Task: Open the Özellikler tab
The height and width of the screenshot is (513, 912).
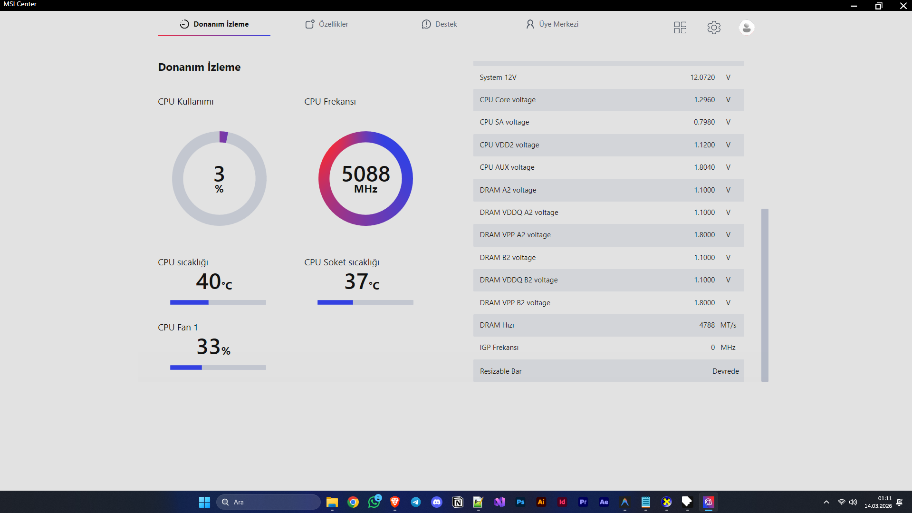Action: click(326, 24)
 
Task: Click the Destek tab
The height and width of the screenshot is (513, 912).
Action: click(439, 24)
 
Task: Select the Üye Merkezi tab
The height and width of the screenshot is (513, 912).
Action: click(552, 24)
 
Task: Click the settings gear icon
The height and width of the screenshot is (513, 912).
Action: click(714, 28)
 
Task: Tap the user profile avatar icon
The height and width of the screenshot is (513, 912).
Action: click(747, 28)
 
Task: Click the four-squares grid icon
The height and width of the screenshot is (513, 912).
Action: click(680, 28)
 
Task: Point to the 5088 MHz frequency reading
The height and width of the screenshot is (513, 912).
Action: click(366, 179)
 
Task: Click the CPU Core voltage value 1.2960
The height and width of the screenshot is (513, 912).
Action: click(704, 100)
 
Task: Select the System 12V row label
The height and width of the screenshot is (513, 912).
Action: click(498, 77)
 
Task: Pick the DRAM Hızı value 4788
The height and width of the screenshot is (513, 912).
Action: click(707, 325)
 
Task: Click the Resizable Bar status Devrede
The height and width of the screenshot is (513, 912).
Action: click(726, 371)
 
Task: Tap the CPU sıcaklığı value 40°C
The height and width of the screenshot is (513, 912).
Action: click(214, 281)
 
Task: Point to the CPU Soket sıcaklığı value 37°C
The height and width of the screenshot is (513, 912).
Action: click(362, 281)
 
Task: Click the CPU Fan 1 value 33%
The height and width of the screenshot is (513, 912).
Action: click(213, 347)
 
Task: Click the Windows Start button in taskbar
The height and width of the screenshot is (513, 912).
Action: click(204, 502)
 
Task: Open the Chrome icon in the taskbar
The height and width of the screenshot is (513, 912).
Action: click(353, 502)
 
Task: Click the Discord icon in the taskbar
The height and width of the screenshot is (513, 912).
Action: click(437, 502)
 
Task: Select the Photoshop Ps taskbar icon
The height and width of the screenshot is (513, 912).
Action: click(520, 502)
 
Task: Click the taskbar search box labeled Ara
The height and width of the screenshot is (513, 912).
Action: click(269, 502)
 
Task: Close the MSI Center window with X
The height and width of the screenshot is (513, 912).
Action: click(903, 6)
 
